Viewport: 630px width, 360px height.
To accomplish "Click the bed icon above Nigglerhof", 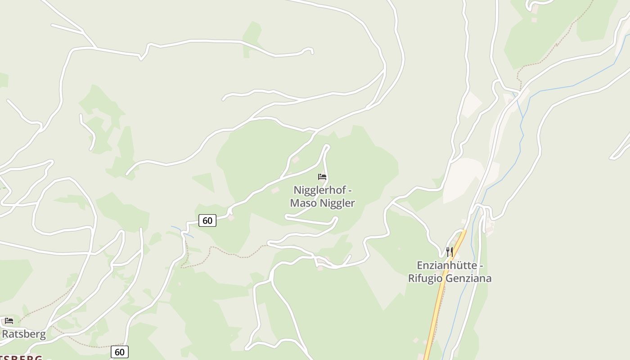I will point(322,177).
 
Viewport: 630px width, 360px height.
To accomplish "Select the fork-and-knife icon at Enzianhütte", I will point(449,251).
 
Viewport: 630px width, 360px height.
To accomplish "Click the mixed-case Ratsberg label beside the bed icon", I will point(24,334).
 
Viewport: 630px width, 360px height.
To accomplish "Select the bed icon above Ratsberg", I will point(9,321).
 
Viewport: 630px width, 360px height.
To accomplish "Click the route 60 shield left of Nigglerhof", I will point(207,220).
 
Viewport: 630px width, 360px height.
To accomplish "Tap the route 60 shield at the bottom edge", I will point(120,352).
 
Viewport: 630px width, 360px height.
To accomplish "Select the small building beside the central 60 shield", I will point(231,218).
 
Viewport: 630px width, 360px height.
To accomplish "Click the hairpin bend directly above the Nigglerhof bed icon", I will point(327,146).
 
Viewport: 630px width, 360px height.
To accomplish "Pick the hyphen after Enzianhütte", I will point(481,265).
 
